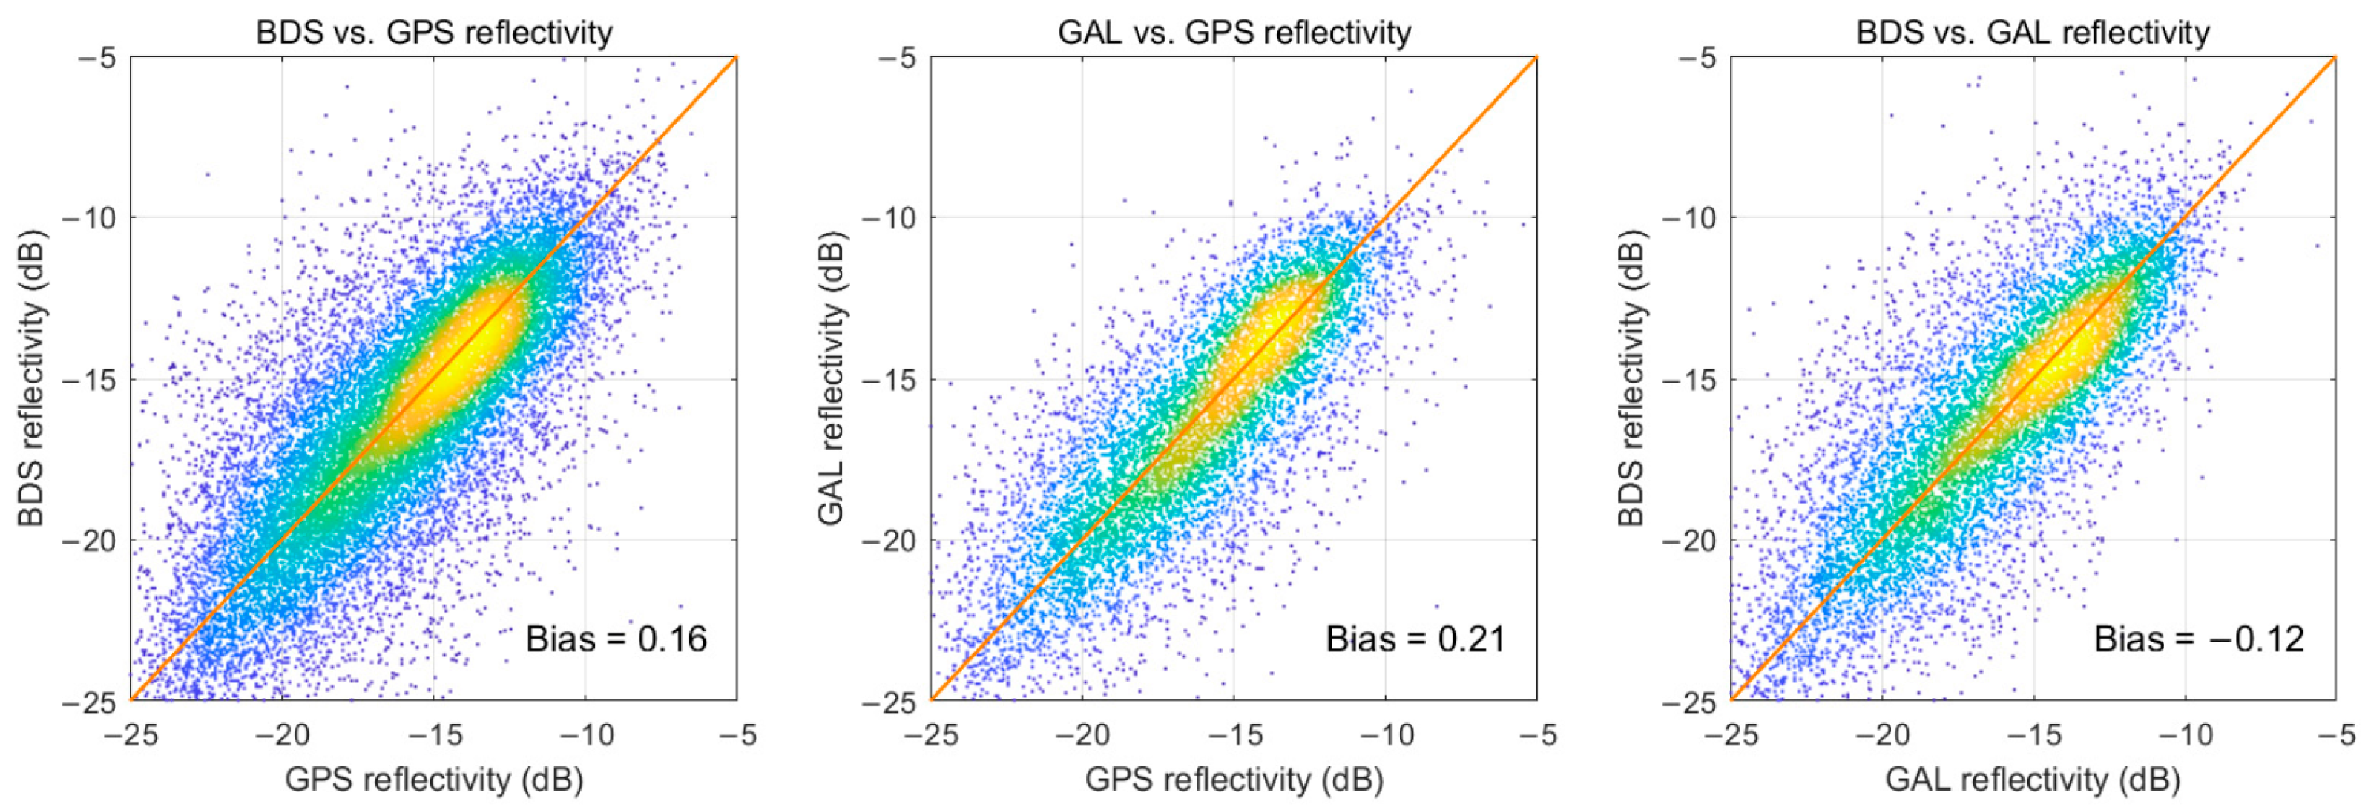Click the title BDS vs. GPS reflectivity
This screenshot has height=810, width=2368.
point(433,32)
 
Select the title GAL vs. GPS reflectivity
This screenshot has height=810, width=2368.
point(1234,32)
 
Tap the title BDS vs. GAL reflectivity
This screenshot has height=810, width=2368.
point(2033,32)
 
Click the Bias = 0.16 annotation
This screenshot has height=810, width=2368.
point(616,639)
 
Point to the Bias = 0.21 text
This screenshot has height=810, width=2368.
point(1415,639)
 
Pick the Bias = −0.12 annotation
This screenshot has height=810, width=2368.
point(2199,639)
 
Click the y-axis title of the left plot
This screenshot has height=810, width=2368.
point(31,379)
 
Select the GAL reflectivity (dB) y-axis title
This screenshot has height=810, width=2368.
point(831,379)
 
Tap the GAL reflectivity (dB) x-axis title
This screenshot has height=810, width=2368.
point(2033,780)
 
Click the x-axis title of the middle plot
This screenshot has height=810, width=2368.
point(1234,780)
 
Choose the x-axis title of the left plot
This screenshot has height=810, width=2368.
point(433,780)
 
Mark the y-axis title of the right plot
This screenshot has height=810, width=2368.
point(1631,379)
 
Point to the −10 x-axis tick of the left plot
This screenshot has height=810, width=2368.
point(585,734)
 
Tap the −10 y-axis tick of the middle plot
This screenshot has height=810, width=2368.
point(889,219)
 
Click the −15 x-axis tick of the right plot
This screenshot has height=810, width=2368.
point(2033,734)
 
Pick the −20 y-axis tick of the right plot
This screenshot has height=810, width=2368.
point(1690,541)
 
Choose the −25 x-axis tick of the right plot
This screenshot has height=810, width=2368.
point(1730,734)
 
